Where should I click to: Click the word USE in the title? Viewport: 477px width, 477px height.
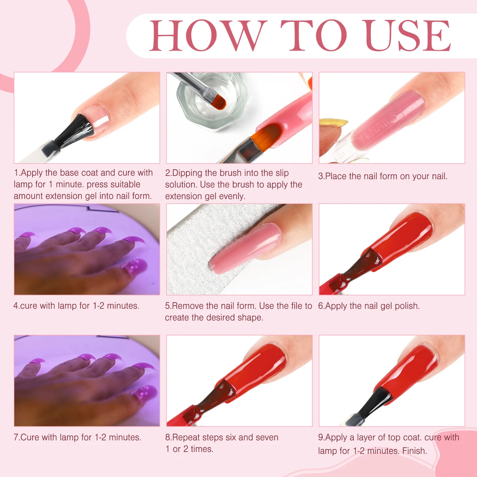point(407,36)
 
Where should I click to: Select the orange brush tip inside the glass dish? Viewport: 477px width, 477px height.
point(219,102)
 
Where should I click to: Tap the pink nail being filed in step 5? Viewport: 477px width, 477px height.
point(246,248)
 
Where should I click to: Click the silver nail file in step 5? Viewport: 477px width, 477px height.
point(199,246)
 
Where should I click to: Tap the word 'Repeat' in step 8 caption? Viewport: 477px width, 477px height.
point(186,438)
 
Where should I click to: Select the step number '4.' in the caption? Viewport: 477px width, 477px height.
point(16,306)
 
